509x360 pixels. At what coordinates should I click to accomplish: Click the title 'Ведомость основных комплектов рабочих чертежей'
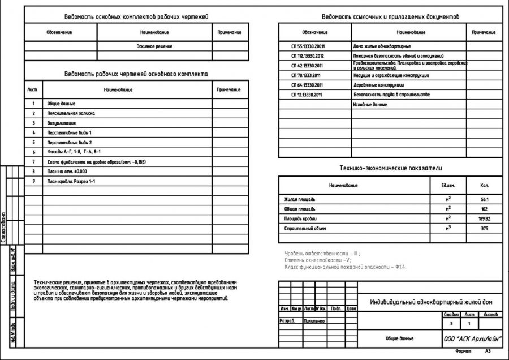pyautogui.click(x=136, y=18)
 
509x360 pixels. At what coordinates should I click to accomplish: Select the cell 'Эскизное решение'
pyautogui.click(x=154, y=46)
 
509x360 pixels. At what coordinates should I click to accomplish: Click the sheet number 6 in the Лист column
pyautogui.click(x=34, y=152)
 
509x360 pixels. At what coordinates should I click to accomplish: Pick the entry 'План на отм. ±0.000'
pyautogui.click(x=67, y=171)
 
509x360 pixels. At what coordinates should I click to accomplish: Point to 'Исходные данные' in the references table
pyautogui.click(x=370, y=105)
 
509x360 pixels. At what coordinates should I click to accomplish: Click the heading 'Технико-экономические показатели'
pyautogui.click(x=390, y=168)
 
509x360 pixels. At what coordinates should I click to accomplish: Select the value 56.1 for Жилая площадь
pyautogui.click(x=484, y=200)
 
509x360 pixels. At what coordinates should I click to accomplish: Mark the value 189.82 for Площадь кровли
pyautogui.click(x=484, y=218)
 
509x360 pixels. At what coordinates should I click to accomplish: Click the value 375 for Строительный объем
pyautogui.click(x=484, y=228)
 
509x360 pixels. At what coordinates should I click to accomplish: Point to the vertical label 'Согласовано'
pyautogui.click(x=5, y=226)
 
